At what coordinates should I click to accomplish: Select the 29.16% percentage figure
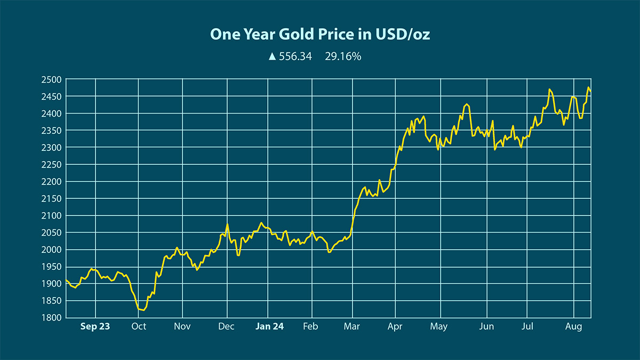coord(343,56)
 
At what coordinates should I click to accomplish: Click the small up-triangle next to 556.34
coord(272,56)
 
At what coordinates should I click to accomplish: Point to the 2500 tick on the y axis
coord(52,79)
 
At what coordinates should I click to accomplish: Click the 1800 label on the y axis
coord(52,318)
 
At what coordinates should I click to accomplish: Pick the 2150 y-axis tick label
coord(52,198)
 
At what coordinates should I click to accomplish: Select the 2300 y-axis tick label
coord(52,148)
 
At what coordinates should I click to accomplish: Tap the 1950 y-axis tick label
coord(52,267)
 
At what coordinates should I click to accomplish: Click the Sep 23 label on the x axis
coord(95,326)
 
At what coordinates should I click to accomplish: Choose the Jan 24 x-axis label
coord(269,326)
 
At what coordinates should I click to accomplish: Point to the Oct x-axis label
coord(139,326)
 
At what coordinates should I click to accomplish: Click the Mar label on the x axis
coord(352,326)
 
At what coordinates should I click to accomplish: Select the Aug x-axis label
coord(573,326)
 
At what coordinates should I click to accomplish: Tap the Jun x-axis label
coord(486,326)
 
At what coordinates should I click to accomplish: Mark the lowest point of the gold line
coord(142,310)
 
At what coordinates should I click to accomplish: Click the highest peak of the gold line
coord(588,87)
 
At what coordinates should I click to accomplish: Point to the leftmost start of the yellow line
coord(66,280)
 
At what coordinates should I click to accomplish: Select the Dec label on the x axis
coord(227,326)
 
